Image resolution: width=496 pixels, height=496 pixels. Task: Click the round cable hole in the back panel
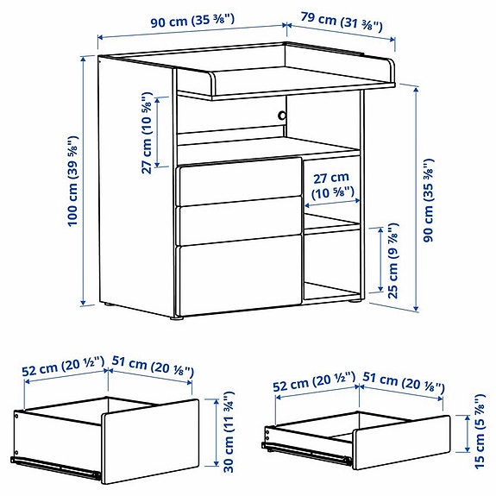(280, 115)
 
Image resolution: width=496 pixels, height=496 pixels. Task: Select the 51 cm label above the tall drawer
(151, 368)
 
